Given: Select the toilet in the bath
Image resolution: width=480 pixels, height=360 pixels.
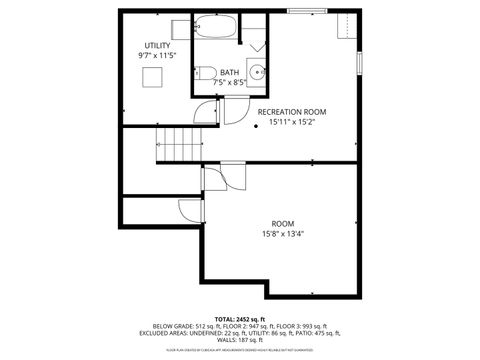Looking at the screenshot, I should coord(201,70).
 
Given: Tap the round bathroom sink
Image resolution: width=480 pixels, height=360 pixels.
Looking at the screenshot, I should coord(257,71).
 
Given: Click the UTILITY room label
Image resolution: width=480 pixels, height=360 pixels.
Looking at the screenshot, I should coord(157,46).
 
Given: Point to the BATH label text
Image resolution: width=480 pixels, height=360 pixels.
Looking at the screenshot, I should coord(230,72).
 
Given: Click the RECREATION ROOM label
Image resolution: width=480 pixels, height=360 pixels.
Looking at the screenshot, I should coord(292,112).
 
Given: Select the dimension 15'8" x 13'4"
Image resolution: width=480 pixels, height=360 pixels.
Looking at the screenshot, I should coord(283,234).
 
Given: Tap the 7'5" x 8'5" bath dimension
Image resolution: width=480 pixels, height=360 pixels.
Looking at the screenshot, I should coord(230,83).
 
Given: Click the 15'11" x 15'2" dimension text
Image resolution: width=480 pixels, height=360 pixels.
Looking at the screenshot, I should coord(292,123).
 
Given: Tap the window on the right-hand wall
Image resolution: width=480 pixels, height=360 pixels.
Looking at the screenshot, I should coord(359,60).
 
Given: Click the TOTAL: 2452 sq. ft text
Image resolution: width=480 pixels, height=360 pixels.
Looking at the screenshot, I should coord(239,316).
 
